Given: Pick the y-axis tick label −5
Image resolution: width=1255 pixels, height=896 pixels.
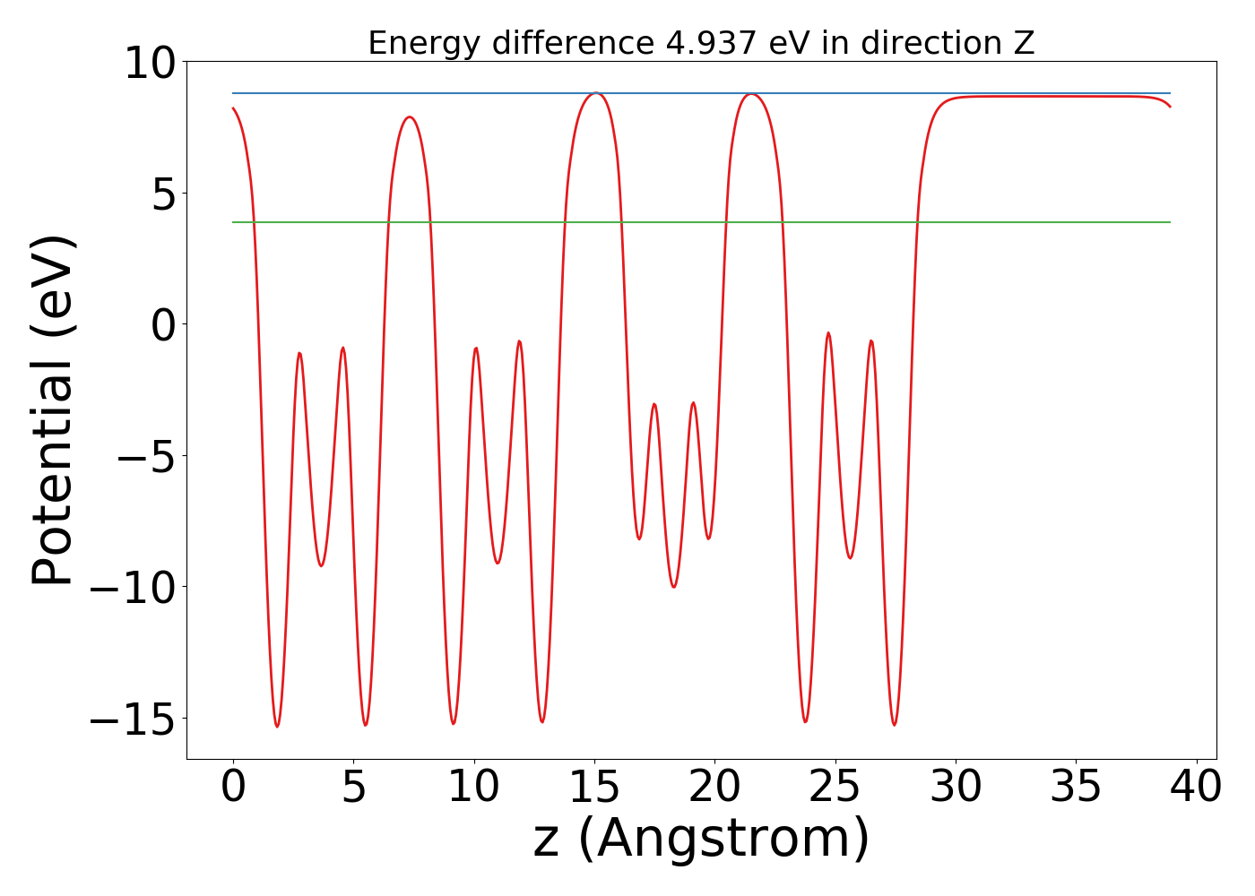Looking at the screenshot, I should [x=147, y=456].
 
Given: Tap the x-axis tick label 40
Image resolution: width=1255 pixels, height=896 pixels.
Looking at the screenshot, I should [x=1196, y=787].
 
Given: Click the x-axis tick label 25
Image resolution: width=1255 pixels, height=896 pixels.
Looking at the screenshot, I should [x=835, y=787].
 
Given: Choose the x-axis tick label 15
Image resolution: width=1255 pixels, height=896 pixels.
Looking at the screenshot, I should [x=593, y=787].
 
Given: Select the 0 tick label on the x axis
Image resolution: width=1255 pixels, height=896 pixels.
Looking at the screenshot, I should [x=233, y=787].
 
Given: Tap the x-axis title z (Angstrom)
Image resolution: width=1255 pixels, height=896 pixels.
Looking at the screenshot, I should [x=701, y=839].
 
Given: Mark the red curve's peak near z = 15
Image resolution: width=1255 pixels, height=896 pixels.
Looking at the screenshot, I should [x=595, y=93].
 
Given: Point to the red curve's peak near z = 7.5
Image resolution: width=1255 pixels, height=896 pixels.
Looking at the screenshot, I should [x=411, y=117].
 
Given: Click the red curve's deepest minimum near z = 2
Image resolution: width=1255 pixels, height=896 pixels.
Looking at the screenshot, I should [x=277, y=726].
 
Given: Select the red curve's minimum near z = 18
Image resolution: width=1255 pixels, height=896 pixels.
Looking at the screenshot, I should [x=674, y=587].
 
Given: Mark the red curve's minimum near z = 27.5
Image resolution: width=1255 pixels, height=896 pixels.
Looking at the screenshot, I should [x=895, y=725].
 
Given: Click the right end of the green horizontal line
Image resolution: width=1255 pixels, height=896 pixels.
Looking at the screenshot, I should [x=1170, y=222].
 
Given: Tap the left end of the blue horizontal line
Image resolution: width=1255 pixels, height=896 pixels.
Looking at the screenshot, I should [x=233, y=93].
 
